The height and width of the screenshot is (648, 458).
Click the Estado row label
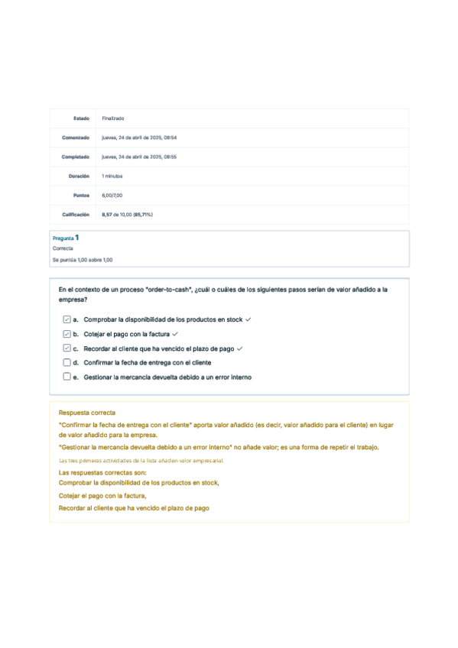(x=81, y=118)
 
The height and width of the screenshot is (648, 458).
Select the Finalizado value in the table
(x=113, y=118)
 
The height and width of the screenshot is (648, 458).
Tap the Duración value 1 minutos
(x=112, y=176)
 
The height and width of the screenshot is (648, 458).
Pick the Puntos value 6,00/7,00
(x=112, y=195)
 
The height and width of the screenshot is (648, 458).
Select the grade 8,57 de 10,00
(x=127, y=215)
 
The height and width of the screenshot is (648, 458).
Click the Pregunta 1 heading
(x=66, y=238)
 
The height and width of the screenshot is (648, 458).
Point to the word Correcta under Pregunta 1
(x=63, y=249)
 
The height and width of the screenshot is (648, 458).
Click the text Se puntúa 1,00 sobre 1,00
(x=83, y=260)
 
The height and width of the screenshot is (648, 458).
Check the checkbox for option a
(x=67, y=319)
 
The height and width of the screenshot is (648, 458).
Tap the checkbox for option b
(x=67, y=334)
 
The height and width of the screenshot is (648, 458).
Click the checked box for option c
(x=67, y=348)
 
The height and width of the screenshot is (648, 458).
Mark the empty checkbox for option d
(x=67, y=362)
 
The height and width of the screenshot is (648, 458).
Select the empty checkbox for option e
(x=67, y=377)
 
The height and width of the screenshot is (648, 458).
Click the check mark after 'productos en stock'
(x=248, y=319)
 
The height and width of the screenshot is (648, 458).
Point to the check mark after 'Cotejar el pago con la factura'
(x=176, y=334)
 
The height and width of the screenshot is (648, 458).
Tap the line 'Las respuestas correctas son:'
(x=97, y=473)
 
